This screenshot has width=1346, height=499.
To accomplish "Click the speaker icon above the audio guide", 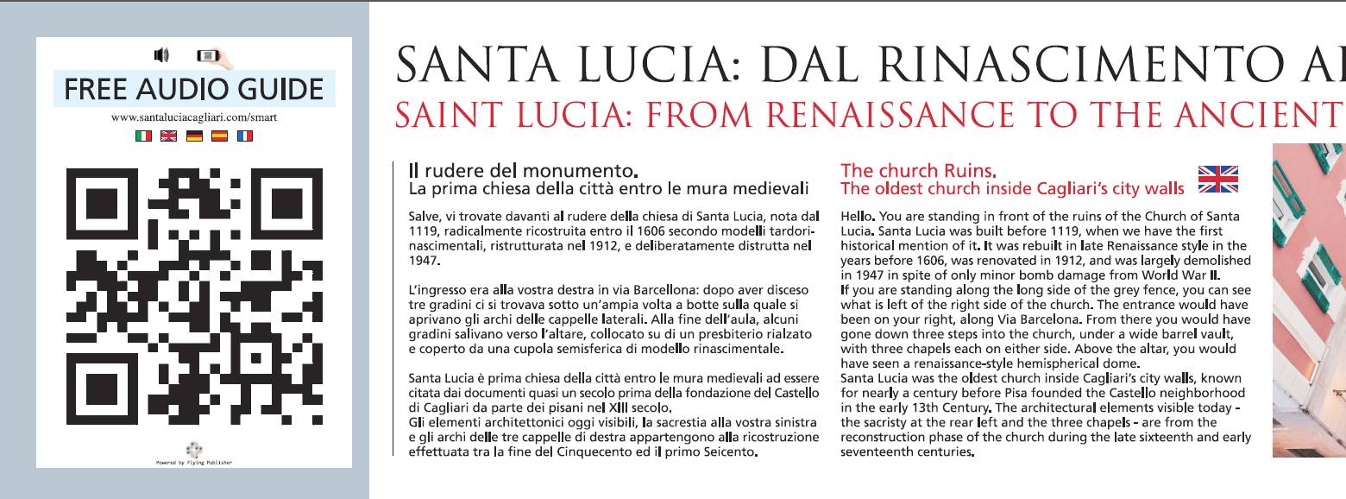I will pyautogui.click(x=160, y=56).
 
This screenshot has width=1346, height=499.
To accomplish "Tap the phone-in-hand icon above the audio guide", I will pyautogui.click(x=213, y=57).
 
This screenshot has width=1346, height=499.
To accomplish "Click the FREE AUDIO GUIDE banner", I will pyautogui.click(x=194, y=89).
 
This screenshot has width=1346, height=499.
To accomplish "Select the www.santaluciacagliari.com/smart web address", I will pyautogui.click(x=194, y=117).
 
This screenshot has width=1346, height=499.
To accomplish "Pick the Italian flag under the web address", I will pyautogui.click(x=143, y=136).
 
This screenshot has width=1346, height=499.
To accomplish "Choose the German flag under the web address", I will pyautogui.click(x=194, y=136).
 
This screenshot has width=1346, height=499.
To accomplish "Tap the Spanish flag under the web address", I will pyautogui.click(x=219, y=136).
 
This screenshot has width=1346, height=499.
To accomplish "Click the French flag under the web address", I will pyautogui.click(x=245, y=136).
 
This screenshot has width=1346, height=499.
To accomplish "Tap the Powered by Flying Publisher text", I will pyautogui.click(x=194, y=463).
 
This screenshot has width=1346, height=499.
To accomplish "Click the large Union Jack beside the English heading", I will pyautogui.click(x=1218, y=180).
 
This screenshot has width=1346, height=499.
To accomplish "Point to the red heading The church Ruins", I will pyautogui.click(x=908, y=170).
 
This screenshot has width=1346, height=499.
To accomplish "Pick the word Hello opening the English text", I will pyautogui.click(x=857, y=216).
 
